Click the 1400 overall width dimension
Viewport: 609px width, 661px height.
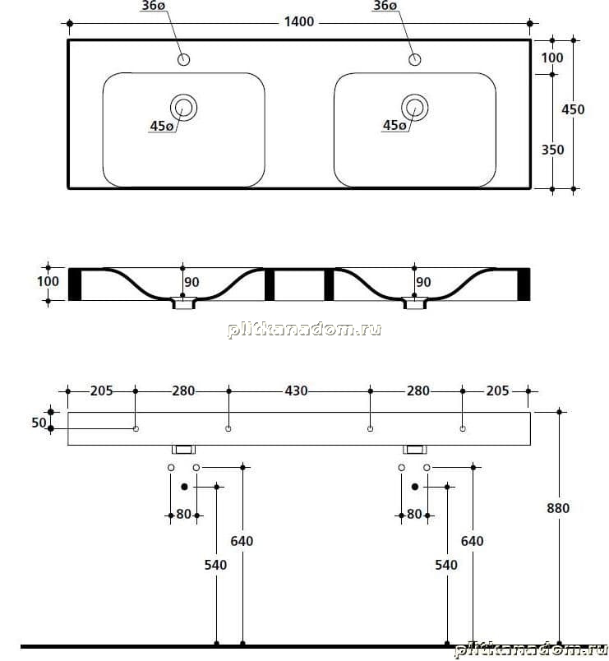299,21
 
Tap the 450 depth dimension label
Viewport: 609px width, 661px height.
573,109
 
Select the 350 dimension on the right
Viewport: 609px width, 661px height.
552,150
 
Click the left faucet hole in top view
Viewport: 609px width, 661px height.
184,59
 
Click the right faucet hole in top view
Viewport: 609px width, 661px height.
415,59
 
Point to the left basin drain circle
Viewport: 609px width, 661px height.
183,108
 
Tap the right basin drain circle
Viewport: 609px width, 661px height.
415,107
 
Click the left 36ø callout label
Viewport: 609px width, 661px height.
153,6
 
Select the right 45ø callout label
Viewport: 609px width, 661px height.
394,125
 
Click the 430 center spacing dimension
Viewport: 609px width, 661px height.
297,391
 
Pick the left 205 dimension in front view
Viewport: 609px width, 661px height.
102,391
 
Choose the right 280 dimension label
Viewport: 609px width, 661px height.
418,391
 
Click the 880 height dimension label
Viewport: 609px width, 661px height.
558,508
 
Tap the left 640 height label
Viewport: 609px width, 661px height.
242,541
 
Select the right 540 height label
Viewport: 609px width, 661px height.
446,565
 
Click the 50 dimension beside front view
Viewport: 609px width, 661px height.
39,423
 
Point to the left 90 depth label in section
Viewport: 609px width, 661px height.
191,282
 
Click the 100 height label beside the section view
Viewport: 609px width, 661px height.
48,281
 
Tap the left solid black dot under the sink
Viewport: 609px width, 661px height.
184,487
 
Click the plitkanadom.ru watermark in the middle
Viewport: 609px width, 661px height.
304,329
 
